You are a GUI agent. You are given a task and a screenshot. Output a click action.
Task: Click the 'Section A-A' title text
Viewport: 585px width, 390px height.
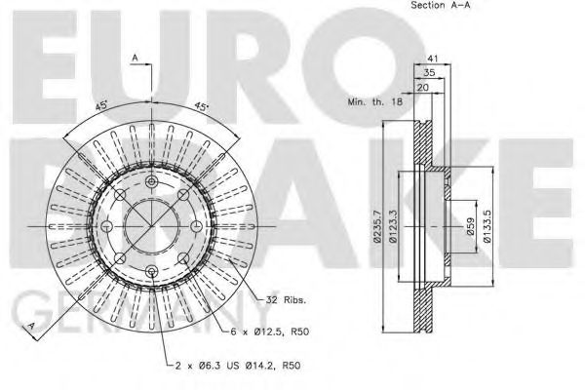pyautogui.click(x=441, y=5)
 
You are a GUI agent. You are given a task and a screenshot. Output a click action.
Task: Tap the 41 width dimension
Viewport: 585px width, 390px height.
pyautogui.click(x=432, y=58)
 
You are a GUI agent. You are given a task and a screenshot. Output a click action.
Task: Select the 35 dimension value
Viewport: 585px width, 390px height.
pyautogui.click(x=429, y=73)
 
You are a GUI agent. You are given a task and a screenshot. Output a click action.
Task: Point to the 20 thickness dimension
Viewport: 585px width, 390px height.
pyautogui.click(x=423, y=88)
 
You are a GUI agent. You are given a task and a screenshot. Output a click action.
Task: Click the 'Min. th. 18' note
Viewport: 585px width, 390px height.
pyautogui.click(x=375, y=101)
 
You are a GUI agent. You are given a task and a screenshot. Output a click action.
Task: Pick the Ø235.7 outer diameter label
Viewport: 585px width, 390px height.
pyautogui.click(x=377, y=226)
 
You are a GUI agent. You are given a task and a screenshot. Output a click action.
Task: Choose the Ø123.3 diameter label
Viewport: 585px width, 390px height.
pyautogui.click(x=392, y=226)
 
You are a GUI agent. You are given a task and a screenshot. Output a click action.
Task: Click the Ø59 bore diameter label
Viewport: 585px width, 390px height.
pyautogui.click(x=471, y=226)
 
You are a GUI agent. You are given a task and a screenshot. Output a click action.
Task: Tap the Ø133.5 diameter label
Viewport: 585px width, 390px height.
pyautogui.click(x=487, y=226)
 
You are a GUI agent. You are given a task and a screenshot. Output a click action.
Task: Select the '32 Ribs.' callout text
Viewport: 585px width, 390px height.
pyautogui.click(x=286, y=299)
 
